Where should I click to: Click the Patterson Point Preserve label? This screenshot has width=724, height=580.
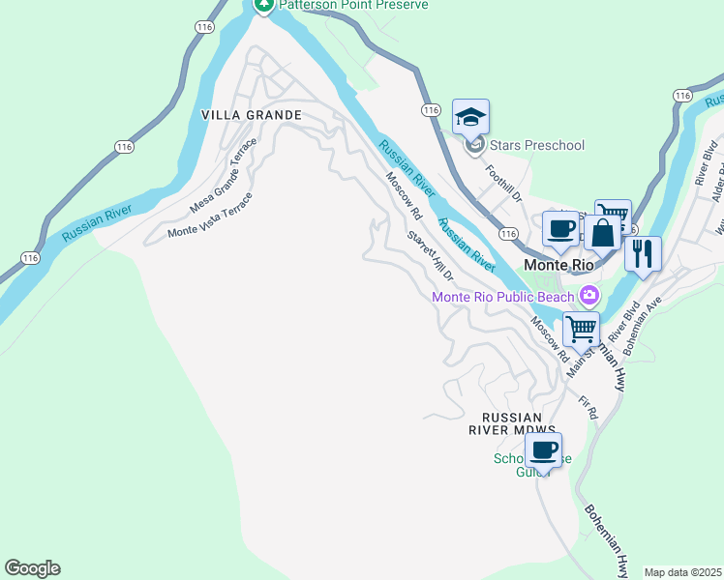point(353,5)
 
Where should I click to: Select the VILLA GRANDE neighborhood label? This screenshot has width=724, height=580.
point(252,115)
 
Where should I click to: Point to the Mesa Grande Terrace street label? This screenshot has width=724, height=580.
point(224,176)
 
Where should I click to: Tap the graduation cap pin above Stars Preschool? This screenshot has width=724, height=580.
point(470,118)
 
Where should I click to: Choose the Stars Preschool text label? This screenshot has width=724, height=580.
point(537,146)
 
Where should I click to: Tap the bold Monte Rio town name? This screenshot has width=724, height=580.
point(558,264)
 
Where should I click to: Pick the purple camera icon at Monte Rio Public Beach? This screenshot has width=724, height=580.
point(588,295)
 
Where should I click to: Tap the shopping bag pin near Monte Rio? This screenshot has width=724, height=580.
point(602,234)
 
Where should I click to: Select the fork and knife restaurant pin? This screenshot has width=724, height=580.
point(643,254)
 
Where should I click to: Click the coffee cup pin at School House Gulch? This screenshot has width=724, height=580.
point(544,450)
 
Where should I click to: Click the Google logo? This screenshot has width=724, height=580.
point(32,568)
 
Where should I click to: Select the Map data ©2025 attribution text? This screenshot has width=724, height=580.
point(682,572)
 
